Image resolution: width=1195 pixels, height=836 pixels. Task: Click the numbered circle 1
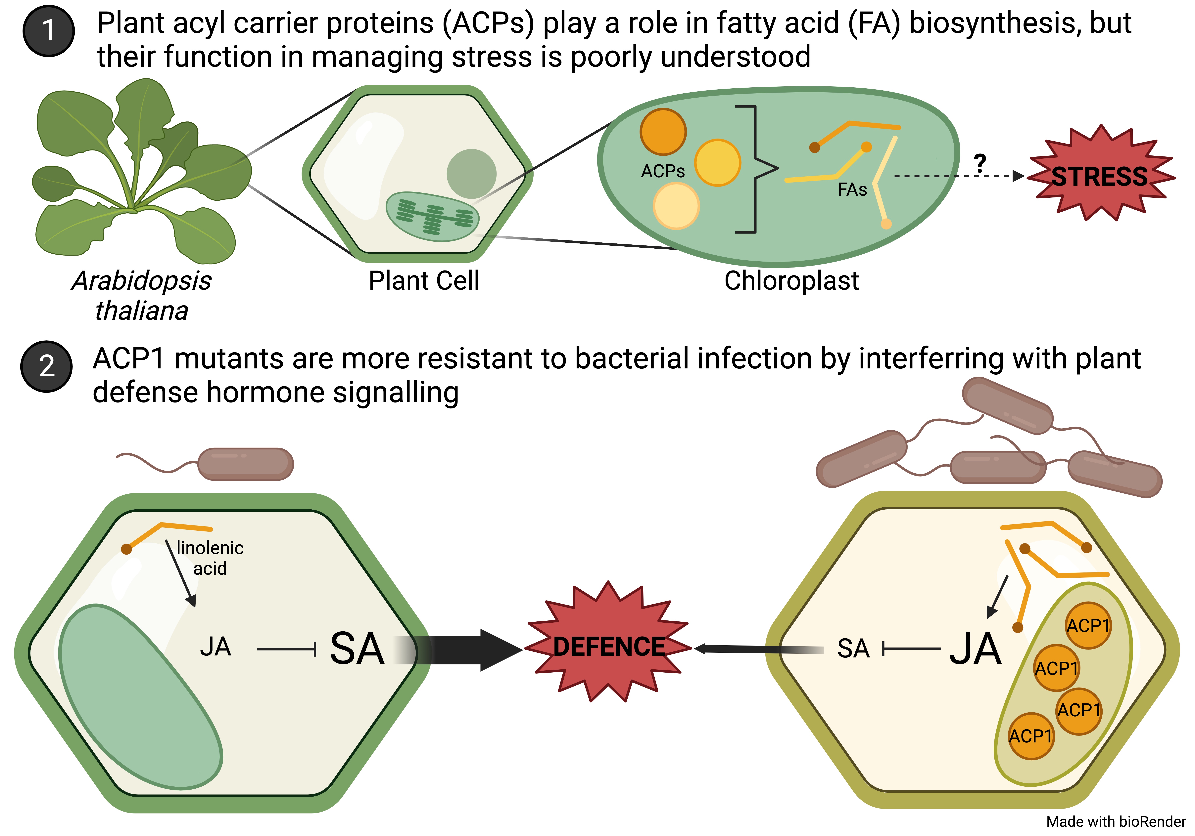tap(48, 31)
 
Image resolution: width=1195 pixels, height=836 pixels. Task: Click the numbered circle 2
tap(46, 366)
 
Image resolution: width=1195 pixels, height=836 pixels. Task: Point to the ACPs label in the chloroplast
tap(663, 171)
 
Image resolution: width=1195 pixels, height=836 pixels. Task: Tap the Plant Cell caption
tap(424, 281)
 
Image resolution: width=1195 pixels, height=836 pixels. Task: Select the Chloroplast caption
tap(791, 281)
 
